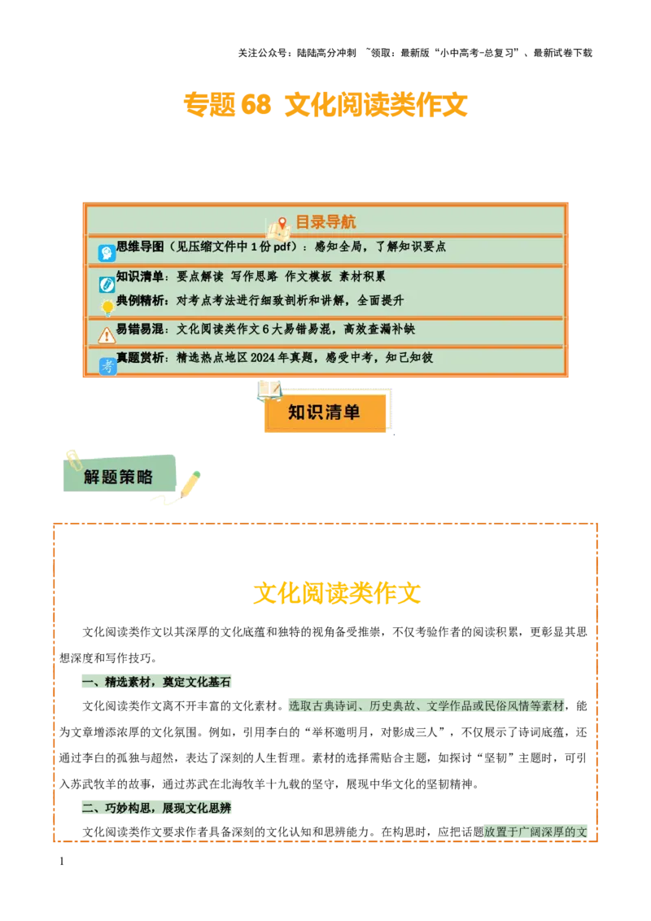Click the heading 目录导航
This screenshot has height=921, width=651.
[x=325, y=222]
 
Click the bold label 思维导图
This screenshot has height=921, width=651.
[x=140, y=247]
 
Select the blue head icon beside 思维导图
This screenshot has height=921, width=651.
[x=107, y=253]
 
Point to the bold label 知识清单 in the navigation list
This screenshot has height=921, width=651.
[x=140, y=277]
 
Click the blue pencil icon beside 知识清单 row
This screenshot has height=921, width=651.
[x=107, y=284]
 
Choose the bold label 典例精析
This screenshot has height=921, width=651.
[x=140, y=300]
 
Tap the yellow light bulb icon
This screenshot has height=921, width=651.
[x=107, y=308]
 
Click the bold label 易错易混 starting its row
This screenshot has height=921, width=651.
[x=140, y=330]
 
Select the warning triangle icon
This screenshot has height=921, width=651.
[x=107, y=335]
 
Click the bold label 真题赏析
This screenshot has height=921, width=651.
[x=140, y=358]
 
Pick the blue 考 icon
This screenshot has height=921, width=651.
[x=107, y=366]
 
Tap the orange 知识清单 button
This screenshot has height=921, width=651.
[x=324, y=412]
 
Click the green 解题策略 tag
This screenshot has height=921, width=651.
[x=118, y=477]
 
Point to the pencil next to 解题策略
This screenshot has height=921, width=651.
[x=190, y=484]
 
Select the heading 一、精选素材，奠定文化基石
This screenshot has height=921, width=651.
[x=155, y=682]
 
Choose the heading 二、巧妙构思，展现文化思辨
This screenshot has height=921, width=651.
[x=155, y=808]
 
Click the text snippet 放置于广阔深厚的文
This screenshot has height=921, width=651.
[x=535, y=832]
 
